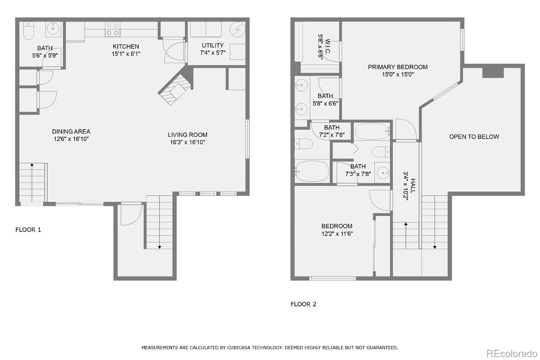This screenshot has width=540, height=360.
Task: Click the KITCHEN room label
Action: tap(126, 46)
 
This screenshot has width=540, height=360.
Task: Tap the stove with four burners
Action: tap(112, 29)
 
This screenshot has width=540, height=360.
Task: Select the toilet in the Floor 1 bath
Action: tap(28, 31)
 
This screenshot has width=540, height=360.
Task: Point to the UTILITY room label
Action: tap(212, 45)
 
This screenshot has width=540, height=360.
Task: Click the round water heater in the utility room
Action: tap(238, 29)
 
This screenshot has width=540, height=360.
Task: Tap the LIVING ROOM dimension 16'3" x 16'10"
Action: tap(188, 142)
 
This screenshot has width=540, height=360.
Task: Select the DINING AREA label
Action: tap(71, 131)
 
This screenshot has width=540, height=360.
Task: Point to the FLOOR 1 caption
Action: tap(28, 230)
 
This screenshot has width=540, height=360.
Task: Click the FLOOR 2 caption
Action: tap(303, 304)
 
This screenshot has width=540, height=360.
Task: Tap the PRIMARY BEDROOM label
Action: tap(397, 67)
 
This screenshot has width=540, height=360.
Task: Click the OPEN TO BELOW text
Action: tap(474, 137)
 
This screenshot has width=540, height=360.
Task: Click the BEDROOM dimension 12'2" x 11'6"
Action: tap(337, 234)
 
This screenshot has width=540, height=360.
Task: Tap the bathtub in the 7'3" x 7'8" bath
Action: tap(372, 132)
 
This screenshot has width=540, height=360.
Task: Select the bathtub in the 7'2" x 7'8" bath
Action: tap(312, 171)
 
